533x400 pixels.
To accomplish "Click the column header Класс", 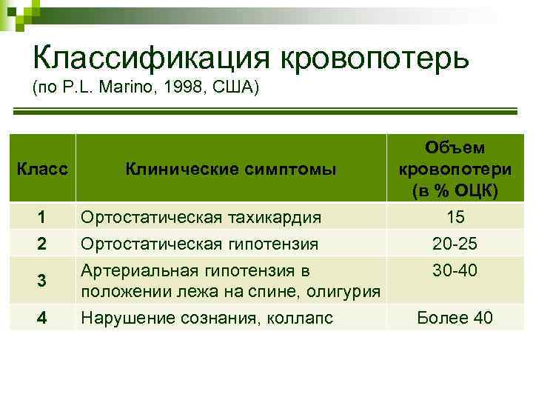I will pos(42,170).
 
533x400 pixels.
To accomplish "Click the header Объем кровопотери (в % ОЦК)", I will pos(455,169).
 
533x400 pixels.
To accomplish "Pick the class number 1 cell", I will pos(42,217).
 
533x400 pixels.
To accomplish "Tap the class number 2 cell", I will pos(42,242).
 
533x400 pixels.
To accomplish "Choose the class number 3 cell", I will pos(42,281).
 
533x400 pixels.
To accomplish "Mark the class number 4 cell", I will pos(42,318).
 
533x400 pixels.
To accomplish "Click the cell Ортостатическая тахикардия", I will pos(201,217).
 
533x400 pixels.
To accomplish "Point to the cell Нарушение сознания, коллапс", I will pos(207,318).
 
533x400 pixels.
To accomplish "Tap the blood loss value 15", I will pos(455,217).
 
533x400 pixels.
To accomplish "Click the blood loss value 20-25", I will pos(455,242).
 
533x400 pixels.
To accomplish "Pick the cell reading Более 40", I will pos(455,318).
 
